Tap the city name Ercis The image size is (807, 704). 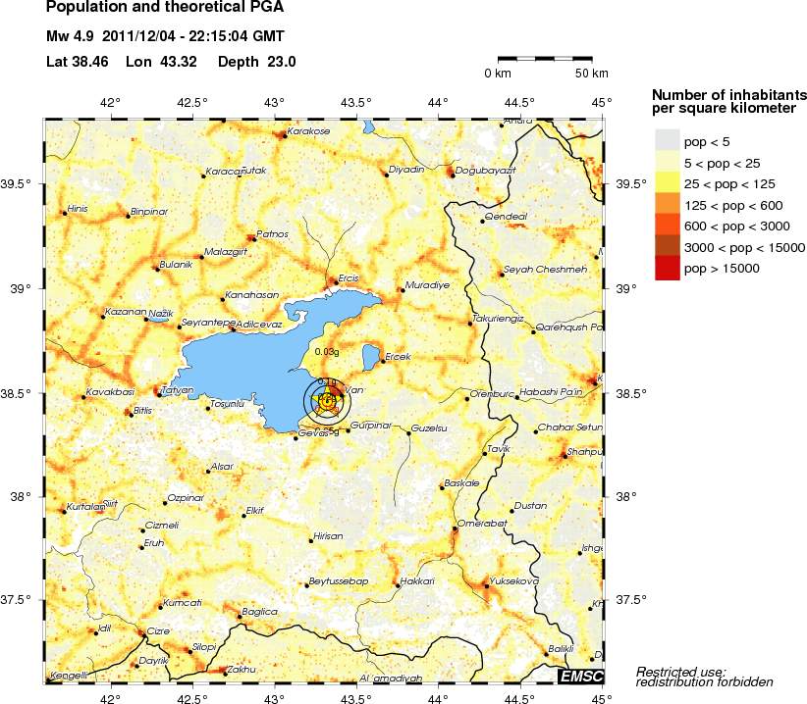pos(350,278)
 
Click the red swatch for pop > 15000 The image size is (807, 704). pos(668,268)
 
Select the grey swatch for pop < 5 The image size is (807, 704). pos(668,140)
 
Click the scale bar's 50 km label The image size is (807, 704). pos(591,74)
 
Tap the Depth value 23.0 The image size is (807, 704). pos(282,62)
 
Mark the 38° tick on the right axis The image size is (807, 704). pos(625,496)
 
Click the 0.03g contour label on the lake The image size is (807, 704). pos(327,351)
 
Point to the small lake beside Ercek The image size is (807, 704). pos(372,354)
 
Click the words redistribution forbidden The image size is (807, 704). pos(705,681)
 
